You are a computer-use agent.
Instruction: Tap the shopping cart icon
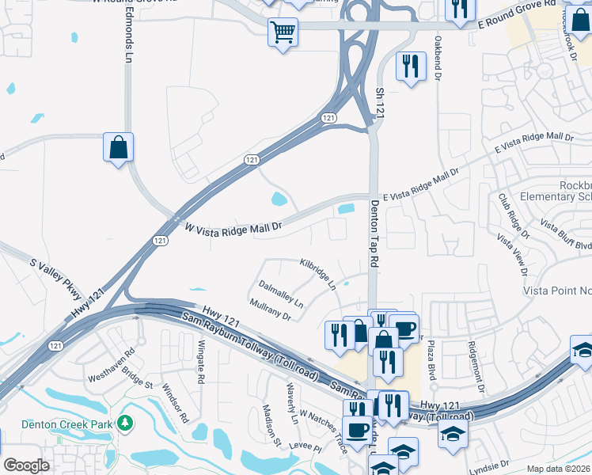[283, 32]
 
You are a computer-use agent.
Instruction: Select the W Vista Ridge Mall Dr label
[233, 227]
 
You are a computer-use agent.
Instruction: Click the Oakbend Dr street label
[436, 57]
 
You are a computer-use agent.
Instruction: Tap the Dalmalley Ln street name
[280, 293]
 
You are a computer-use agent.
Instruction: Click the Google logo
[26, 465]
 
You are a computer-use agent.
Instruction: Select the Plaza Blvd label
[432, 361]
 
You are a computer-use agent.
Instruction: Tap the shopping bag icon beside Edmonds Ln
[118, 146]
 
